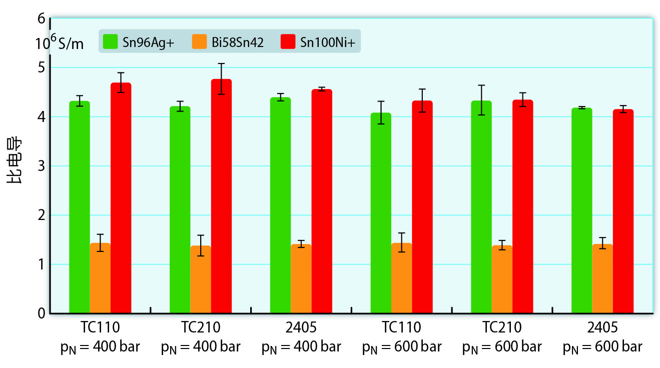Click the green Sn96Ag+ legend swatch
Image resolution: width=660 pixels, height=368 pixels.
[x=110, y=41]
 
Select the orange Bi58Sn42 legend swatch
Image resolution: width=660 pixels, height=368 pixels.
[x=199, y=41]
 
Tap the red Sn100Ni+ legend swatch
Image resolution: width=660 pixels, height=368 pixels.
[x=288, y=41]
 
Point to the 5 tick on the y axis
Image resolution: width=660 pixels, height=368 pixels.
[x=41, y=67]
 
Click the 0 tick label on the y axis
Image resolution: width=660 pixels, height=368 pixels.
[x=41, y=313]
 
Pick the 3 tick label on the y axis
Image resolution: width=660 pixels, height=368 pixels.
[x=41, y=166]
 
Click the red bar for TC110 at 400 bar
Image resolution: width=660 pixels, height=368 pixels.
[x=121, y=200]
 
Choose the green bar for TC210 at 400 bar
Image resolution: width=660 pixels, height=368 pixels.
[x=180, y=210]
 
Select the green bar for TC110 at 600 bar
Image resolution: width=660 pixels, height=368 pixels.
[x=381, y=215]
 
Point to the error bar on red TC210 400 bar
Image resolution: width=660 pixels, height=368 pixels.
[x=221, y=78]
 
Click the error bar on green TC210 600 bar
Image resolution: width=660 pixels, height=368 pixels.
[x=481, y=100]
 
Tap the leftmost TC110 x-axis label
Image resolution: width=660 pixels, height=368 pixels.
[x=100, y=328]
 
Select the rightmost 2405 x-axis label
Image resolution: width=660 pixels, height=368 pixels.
[x=602, y=328]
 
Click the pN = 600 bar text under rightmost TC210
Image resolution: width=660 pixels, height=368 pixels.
[x=502, y=347]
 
